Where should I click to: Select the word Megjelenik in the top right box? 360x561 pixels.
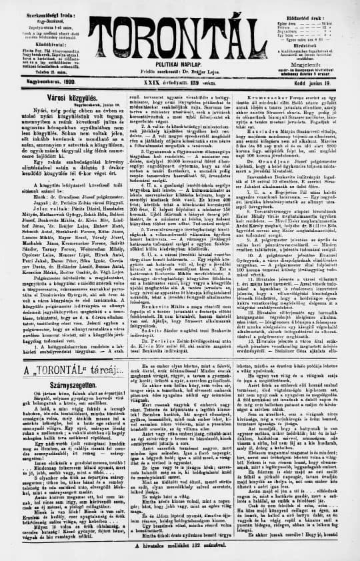click(317, 58)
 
